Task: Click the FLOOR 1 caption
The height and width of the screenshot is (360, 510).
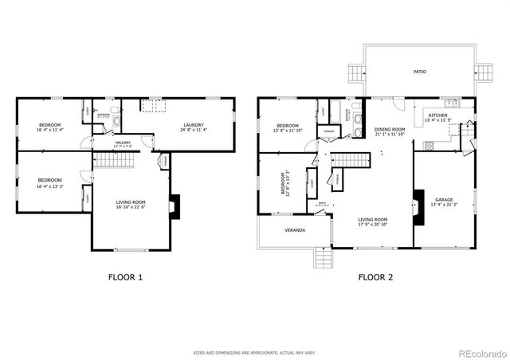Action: click(x=124, y=278)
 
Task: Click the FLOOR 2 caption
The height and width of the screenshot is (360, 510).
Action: click(x=375, y=278)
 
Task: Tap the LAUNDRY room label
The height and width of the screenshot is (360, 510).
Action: click(x=194, y=125)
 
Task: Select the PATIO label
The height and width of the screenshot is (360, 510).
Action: click(x=419, y=72)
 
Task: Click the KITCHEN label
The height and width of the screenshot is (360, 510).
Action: click(x=438, y=115)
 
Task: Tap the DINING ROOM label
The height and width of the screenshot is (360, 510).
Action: click(x=390, y=129)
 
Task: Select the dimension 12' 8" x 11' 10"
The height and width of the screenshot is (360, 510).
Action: click(x=288, y=131)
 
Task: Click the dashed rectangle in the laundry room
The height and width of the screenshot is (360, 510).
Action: click(x=153, y=107)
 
